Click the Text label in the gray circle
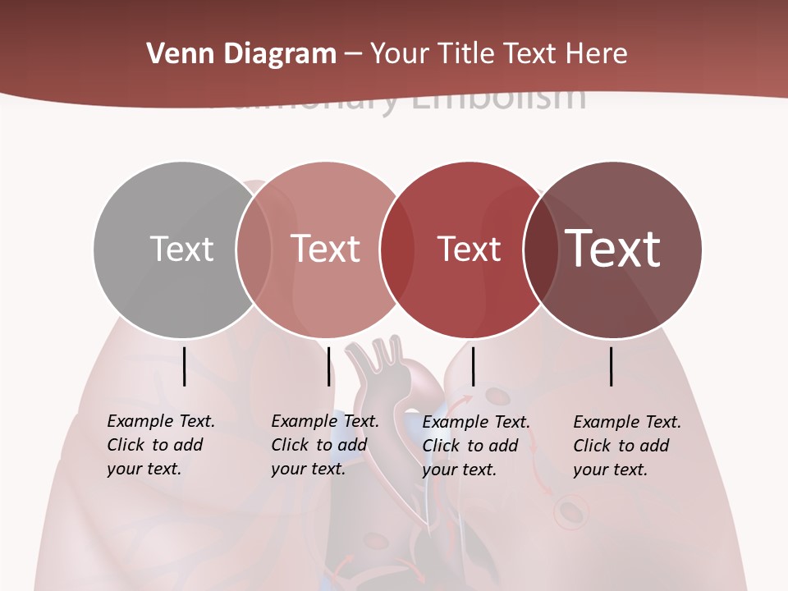tap(181, 249)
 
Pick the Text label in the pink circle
tap(326, 249)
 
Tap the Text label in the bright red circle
tap(469, 249)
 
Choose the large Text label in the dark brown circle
tap(613, 249)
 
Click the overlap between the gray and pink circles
tap(254, 249)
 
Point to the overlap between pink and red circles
tap(397, 249)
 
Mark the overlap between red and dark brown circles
tap(540, 249)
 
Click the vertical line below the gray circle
tap(185, 366)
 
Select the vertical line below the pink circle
tap(328, 366)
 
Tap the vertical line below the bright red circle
tap(474, 366)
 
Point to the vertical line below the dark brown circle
tap(612, 366)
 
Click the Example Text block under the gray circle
tap(160, 445)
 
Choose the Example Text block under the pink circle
tap(324, 445)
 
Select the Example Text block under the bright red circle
tap(475, 446)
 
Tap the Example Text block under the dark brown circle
tap(626, 446)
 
